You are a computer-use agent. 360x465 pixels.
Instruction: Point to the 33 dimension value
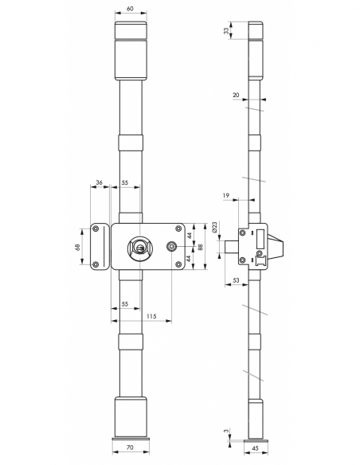[226, 31]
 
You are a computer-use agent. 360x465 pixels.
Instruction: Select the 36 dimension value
[99, 184]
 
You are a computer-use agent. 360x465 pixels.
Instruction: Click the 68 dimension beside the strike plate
[78, 248]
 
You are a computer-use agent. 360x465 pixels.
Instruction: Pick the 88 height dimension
[201, 248]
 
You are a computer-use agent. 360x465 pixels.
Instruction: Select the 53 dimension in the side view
[237, 280]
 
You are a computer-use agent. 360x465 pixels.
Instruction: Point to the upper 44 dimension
[190, 236]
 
